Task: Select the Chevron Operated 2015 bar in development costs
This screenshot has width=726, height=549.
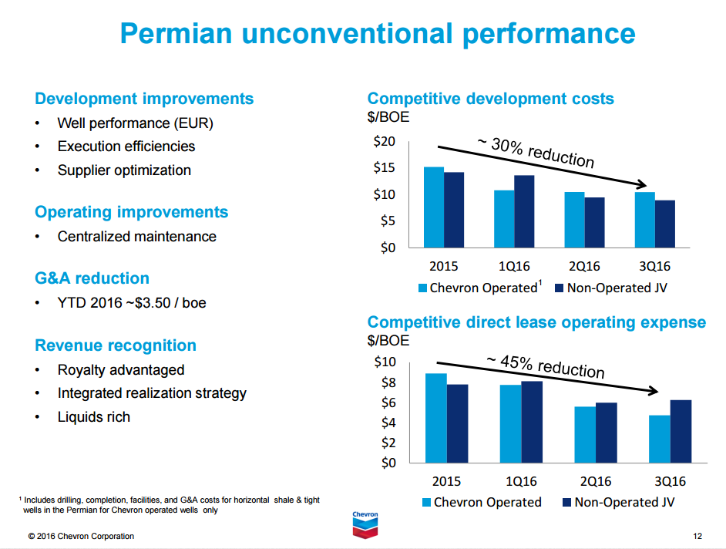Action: coord(434,207)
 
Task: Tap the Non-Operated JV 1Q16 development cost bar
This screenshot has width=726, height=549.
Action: coord(524,211)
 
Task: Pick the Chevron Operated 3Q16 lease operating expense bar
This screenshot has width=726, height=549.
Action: coord(660,439)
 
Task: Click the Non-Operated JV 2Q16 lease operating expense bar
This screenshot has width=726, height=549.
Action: coord(607,433)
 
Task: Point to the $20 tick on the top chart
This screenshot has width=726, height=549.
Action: coord(385,141)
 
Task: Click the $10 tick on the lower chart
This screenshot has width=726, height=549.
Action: coord(385,362)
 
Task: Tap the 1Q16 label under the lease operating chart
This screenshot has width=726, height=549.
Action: coord(521,482)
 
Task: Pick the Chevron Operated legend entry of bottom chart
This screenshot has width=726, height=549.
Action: coord(482,503)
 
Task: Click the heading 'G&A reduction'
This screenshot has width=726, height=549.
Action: coord(92,278)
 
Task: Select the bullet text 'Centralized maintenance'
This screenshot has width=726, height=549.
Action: coord(136,237)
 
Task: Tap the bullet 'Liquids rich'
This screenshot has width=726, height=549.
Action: coord(93,417)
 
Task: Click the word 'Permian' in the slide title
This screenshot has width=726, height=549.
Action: coord(176,34)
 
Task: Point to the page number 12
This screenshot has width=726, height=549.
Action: coord(697,536)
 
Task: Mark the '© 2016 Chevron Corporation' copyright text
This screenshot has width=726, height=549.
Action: coord(81,536)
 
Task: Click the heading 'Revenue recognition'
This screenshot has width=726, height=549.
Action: coord(116,345)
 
